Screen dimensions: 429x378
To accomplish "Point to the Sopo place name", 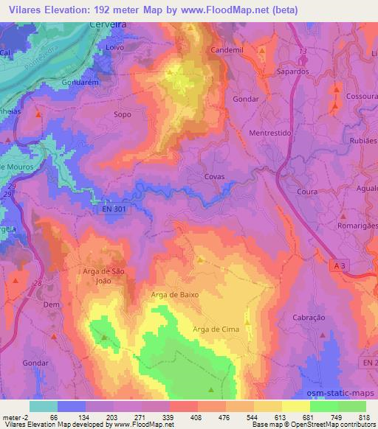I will [123, 115].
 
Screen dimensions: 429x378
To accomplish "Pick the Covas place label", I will [214, 177].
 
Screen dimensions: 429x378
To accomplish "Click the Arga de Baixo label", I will [175, 294].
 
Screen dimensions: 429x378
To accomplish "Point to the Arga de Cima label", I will [216, 329].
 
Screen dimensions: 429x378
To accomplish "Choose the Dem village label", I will [51, 304].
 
